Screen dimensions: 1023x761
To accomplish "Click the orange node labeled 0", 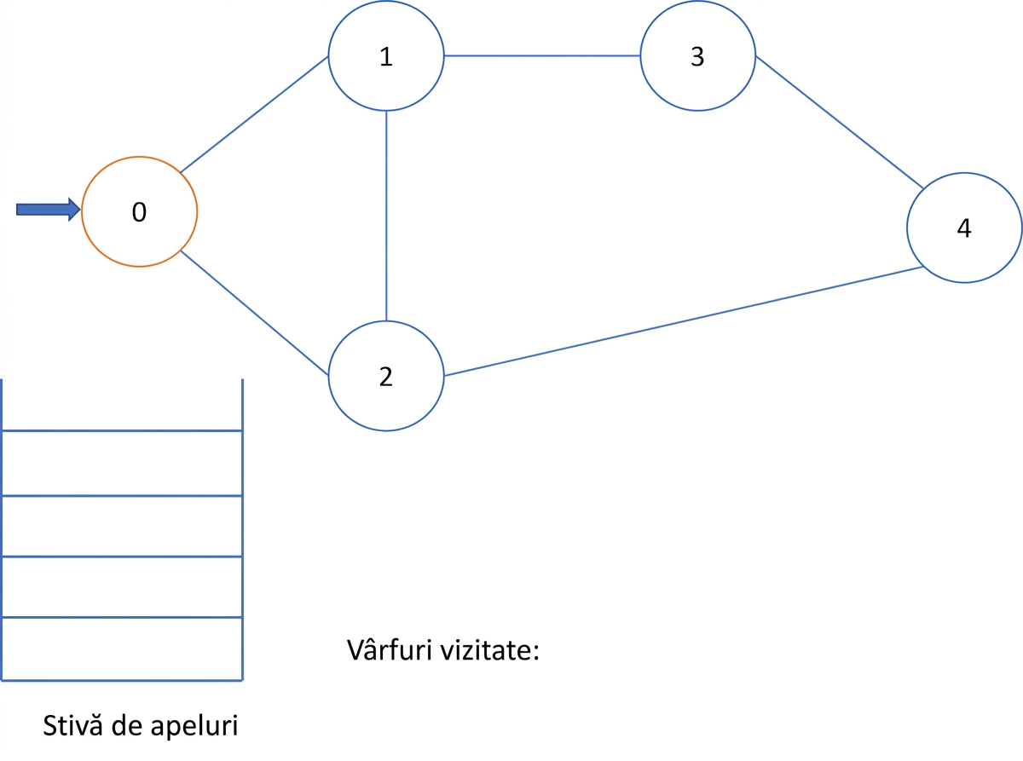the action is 139,211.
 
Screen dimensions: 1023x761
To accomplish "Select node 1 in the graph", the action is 386,55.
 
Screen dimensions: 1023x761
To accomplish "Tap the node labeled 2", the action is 386,376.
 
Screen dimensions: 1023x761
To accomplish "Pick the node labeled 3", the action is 698,55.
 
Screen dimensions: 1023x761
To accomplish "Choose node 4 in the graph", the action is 964,228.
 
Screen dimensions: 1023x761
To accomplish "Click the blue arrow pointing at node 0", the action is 49,210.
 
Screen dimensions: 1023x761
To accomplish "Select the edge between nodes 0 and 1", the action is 254,114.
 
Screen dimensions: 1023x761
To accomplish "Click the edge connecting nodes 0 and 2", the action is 254,313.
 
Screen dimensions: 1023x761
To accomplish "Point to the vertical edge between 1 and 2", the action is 386,216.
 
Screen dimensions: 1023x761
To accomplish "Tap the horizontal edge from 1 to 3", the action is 542,55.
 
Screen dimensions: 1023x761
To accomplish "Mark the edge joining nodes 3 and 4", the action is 840,122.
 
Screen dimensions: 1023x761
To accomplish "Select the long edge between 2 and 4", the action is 684,321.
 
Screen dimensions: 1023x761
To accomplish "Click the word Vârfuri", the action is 390,650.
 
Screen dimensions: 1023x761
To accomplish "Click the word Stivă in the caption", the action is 72,725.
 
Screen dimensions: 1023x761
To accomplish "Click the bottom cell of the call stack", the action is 122,649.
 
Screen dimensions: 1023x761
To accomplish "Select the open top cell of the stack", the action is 122,405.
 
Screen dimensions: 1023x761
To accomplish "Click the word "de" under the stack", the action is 126,725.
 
